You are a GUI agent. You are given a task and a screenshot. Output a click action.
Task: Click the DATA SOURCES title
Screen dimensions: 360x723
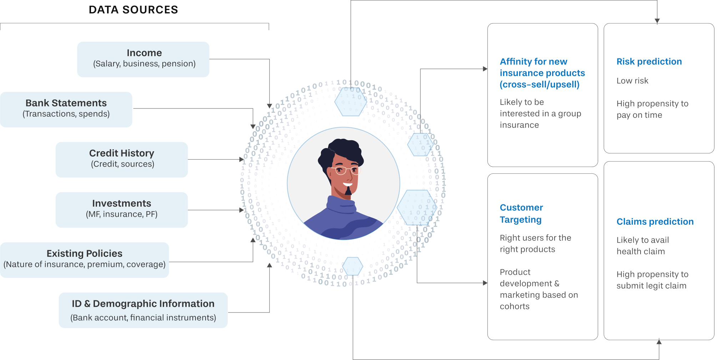tap(133, 10)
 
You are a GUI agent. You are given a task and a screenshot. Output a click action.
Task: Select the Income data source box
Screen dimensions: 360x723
tap(143, 59)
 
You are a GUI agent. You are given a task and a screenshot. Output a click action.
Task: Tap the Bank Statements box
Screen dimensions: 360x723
tap(66, 109)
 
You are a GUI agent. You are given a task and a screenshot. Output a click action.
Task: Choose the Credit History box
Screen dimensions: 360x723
tap(122, 159)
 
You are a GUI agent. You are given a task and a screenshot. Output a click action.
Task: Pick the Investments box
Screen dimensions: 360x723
tap(122, 209)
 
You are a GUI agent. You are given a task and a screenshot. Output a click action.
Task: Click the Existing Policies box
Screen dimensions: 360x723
tap(85, 260)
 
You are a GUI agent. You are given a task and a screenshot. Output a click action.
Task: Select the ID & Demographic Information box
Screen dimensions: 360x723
tap(143, 310)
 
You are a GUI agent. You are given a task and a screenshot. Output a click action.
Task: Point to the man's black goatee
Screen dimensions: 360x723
tap(348, 191)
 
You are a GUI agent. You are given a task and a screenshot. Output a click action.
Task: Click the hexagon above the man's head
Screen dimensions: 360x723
tap(351, 102)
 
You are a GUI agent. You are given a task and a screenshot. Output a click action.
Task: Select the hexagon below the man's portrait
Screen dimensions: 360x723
tap(352, 266)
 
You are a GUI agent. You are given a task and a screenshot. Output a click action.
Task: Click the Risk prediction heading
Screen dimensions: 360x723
tap(649, 62)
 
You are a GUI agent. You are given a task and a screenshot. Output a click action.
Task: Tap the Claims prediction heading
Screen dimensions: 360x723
tap(655, 222)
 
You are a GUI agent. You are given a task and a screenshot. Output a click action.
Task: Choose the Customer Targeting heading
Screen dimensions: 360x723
tap(521, 213)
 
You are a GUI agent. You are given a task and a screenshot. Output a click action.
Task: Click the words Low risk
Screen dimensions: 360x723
tap(632, 81)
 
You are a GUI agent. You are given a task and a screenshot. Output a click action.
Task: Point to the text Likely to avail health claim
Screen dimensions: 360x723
tap(642, 246)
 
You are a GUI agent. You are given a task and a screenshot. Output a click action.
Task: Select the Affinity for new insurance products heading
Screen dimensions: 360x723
tap(542, 73)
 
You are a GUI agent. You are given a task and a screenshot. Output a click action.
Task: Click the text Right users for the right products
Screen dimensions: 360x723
tap(535, 244)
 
